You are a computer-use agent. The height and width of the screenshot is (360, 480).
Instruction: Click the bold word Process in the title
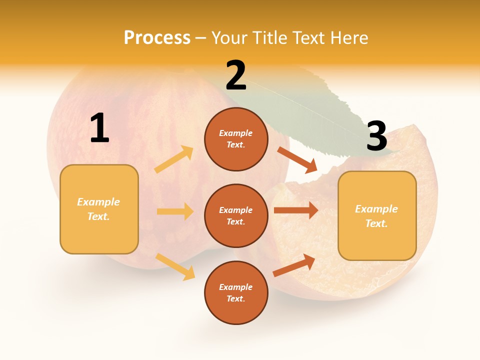(157, 37)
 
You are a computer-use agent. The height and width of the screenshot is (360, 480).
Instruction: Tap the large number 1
(99, 128)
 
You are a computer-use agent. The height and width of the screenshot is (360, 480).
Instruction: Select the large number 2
(236, 76)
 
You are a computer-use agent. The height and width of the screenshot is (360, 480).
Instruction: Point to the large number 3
(376, 136)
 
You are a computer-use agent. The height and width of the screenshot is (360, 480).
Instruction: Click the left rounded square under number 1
(99, 209)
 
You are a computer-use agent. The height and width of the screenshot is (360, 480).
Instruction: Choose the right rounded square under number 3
(377, 215)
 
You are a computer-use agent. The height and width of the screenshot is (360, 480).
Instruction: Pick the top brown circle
(236, 139)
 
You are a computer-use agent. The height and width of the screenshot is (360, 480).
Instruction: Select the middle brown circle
(236, 215)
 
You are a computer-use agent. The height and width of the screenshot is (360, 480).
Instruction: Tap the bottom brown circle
(236, 292)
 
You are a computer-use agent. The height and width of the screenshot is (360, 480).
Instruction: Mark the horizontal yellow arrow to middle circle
(175, 211)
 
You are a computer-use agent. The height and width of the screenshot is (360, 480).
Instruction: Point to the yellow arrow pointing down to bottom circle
(175, 266)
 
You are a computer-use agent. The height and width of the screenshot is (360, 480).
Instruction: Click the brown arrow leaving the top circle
(297, 160)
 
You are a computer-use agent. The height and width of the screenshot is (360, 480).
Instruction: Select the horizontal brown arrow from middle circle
(295, 210)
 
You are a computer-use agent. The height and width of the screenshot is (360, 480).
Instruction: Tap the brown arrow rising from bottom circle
(294, 265)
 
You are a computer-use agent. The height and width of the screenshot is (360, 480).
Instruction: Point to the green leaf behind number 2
(320, 110)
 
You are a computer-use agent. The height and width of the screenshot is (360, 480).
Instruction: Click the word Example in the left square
(98, 202)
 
